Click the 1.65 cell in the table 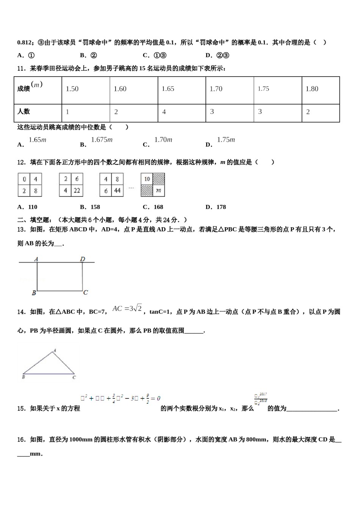click(168, 89)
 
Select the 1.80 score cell click(312, 89)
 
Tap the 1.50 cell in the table click(72, 89)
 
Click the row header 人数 click(24, 111)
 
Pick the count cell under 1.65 click(164, 112)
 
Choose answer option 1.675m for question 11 click(102, 140)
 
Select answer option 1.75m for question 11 click(226, 140)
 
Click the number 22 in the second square click(77, 190)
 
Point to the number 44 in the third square click(117, 190)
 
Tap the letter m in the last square click(158, 190)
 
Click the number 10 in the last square click(147, 179)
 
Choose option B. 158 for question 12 click(90, 207)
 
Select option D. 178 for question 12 click(216, 207)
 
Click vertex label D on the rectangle click(83, 259)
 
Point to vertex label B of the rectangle click(34, 293)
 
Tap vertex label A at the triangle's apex click(55, 351)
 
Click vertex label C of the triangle click(74, 377)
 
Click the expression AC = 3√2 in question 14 click(127, 309)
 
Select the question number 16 click(22, 440)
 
